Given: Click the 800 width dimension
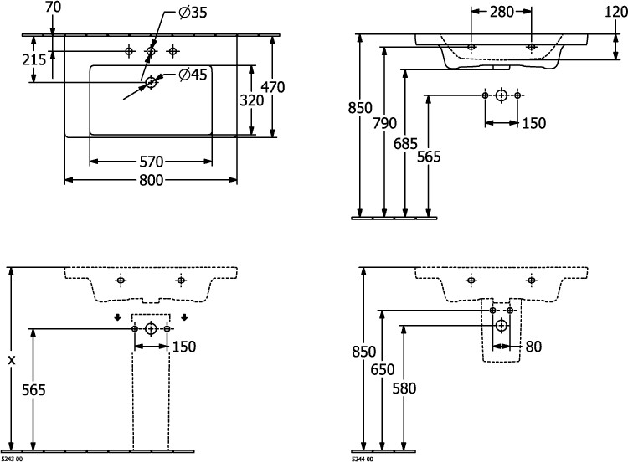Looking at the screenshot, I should pos(151,180).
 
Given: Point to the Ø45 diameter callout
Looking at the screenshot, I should pos(193,76).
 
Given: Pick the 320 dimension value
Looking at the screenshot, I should pos(252,100).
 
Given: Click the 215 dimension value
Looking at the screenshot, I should pos(34,59).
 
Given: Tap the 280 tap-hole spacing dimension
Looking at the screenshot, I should pos(501,12).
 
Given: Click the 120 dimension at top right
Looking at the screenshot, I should pos(613,12).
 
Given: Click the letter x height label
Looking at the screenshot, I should pos(11,359).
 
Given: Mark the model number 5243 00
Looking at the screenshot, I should pos(13,458).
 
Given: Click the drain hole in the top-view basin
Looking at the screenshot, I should pos(151,81).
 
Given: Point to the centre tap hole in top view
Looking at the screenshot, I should pos(151,52).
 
